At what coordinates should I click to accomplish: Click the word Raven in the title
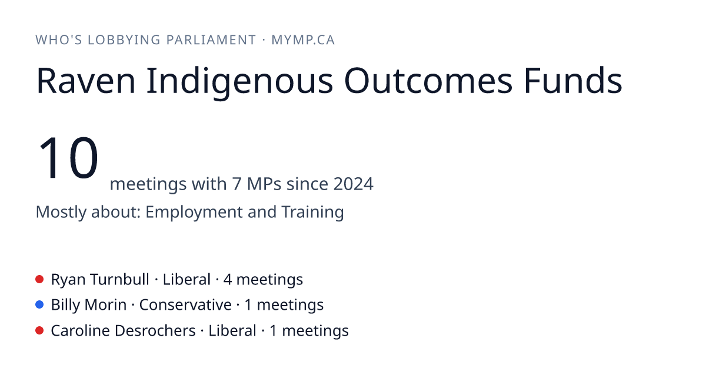pos(86,81)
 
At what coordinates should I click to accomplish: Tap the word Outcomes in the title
pos(428,80)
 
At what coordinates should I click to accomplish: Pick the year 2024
pos(354,184)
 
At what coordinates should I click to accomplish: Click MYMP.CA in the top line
pos(303,40)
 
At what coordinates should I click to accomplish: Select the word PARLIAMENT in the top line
pos(211,40)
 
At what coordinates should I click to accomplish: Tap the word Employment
pos(194,213)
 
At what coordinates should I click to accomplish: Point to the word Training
pos(312,213)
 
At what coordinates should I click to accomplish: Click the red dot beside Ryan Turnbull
pos(39,279)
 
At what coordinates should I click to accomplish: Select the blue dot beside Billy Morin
pos(39,304)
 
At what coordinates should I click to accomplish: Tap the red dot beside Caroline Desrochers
pos(39,330)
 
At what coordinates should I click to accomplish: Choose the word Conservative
pos(185,305)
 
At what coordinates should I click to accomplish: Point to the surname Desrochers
pos(155,330)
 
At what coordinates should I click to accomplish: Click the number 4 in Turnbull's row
pos(228,280)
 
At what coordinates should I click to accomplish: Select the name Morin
pos(105,305)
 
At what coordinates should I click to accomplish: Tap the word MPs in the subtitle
pos(264,184)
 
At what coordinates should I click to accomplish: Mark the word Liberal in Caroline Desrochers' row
pos(232,330)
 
